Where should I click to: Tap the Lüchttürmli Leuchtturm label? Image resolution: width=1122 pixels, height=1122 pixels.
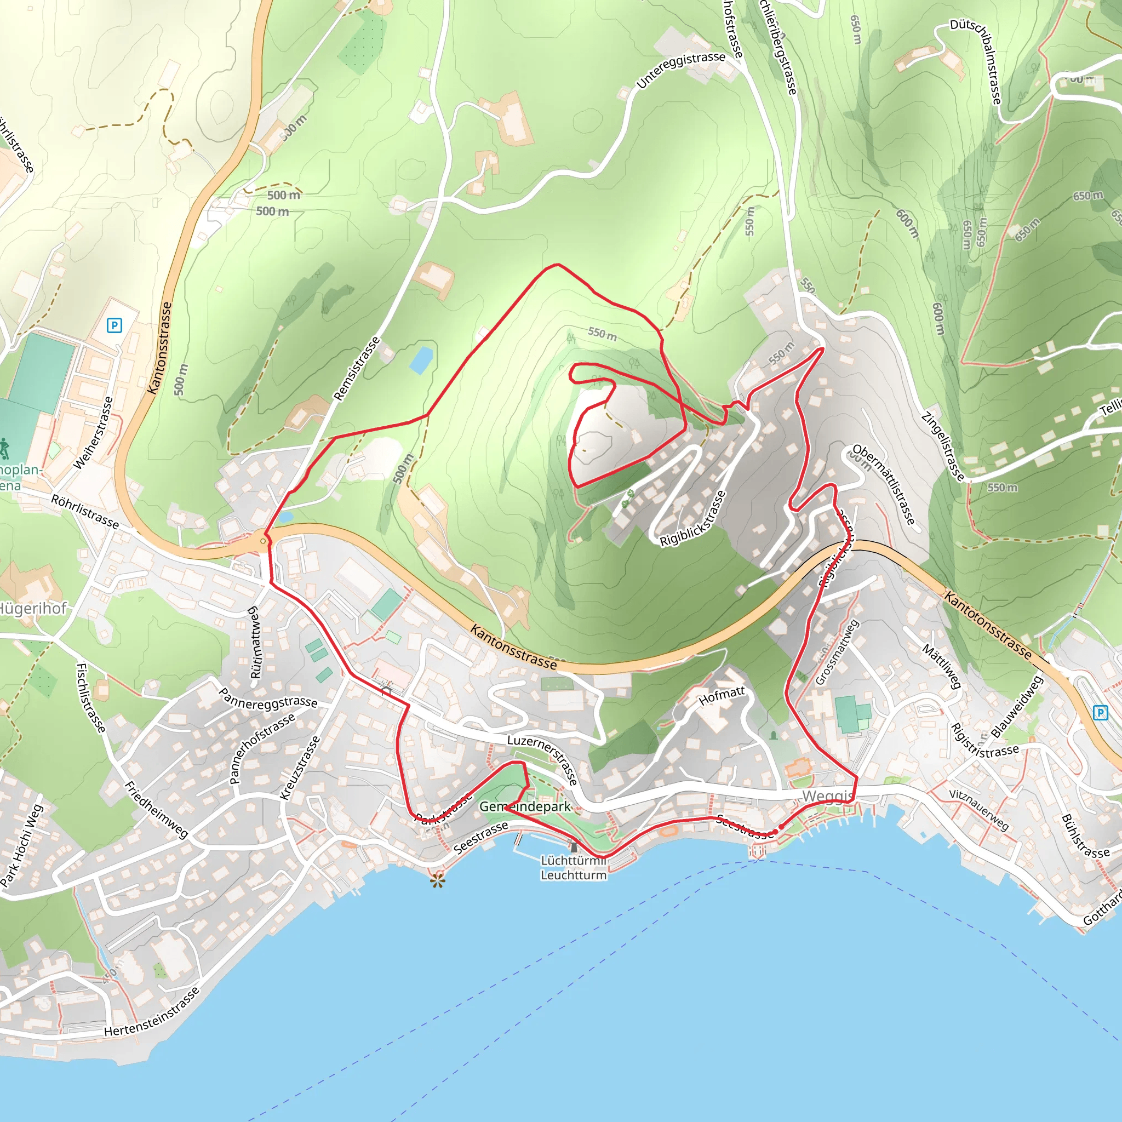[573, 868]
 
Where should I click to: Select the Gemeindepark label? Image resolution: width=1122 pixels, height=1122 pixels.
[524, 806]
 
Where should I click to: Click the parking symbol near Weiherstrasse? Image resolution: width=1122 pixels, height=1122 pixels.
[115, 325]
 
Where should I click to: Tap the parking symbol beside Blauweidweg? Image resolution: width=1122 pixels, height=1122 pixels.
[1101, 713]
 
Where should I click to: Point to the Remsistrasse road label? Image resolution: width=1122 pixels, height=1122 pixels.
[357, 369]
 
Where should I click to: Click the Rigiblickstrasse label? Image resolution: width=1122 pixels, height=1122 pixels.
[693, 519]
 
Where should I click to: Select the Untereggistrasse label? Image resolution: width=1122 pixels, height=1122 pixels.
[680, 70]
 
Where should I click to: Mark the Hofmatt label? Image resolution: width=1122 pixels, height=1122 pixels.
[722, 696]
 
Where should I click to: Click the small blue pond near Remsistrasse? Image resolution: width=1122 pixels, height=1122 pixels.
[421, 359]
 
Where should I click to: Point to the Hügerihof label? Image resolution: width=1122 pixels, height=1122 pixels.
[32, 609]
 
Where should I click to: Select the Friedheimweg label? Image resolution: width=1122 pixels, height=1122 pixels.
[156, 810]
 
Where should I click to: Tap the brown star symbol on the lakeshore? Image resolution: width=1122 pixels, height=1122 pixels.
[438, 881]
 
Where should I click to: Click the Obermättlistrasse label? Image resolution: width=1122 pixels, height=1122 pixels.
[884, 484]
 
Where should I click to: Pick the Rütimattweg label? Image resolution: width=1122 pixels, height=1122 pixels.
[254, 642]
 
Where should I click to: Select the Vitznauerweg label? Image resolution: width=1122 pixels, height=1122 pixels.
[979, 810]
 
